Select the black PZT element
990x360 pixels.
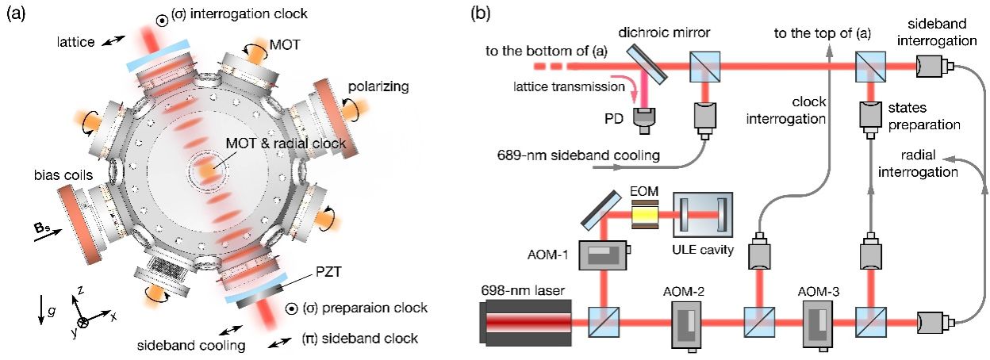tap(252, 298)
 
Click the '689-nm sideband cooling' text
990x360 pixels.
tap(578, 156)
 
